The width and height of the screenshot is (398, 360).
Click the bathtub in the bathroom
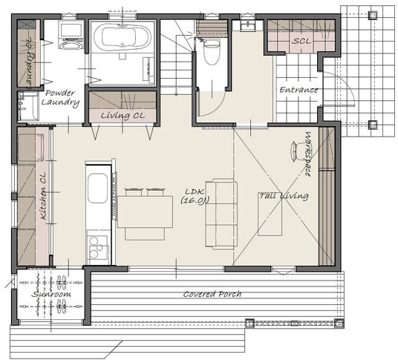(123, 36)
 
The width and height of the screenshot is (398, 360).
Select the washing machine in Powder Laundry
(71, 35)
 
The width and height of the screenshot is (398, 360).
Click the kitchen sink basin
(97, 188)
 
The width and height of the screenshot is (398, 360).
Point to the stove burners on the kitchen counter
(97, 247)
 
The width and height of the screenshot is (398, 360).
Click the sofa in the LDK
(221, 214)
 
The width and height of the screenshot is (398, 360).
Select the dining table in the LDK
(145, 212)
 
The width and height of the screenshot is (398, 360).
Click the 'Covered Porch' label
(212, 294)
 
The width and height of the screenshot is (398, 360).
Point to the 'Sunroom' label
(51, 294)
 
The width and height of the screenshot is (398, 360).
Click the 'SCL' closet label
(301, 41)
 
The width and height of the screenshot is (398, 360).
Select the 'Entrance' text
(298, 90)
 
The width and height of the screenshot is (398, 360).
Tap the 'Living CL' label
(123, 116)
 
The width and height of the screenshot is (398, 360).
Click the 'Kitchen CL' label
(43, 196)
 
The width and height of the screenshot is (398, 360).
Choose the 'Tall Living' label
(284, 196)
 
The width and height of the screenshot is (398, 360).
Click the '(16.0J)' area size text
(195, 200)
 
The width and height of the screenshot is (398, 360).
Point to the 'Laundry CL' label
(28, 62)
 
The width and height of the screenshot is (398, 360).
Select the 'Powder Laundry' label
(60, 98)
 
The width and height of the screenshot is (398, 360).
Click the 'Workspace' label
(307, 154)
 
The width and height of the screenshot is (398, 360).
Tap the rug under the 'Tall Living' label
(270, 215)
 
